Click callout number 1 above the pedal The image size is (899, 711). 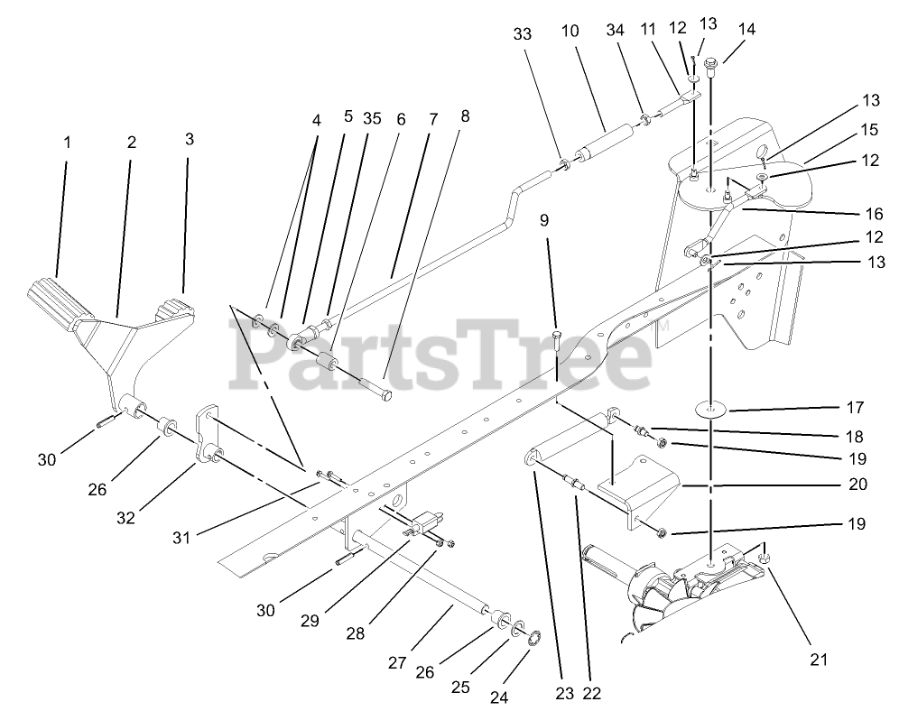(66, 142)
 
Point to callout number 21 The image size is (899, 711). (818, 660)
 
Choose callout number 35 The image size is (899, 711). (372, 117)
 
